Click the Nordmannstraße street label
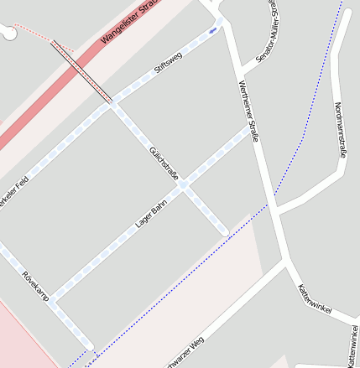coord(340,130)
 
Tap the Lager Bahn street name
coord(152,213)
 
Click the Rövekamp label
coord(36,286)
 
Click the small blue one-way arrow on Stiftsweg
coord(212,30)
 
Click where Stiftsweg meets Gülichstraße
coord(113,105)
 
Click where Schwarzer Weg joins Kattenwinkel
coord(288,263)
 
